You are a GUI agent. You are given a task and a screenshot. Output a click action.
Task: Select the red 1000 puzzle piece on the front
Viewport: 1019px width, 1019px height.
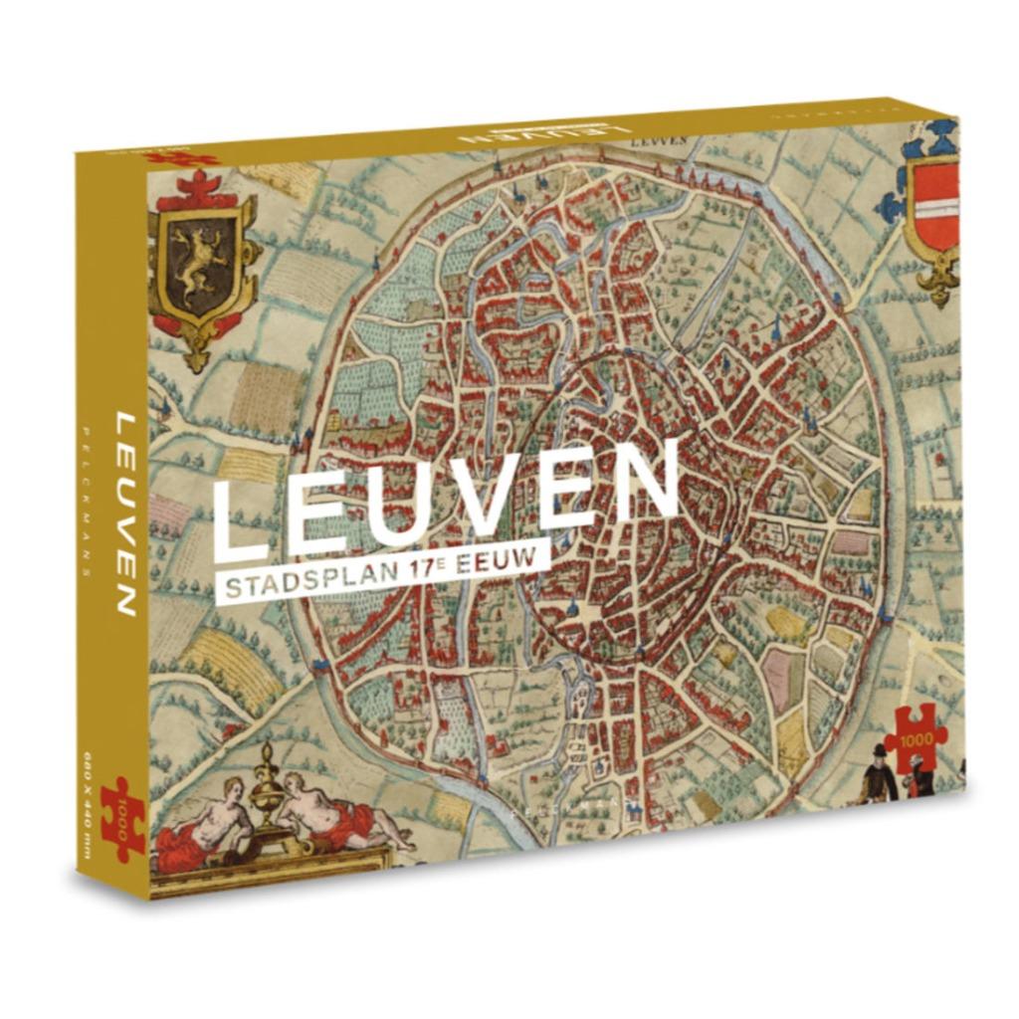(x=915, y=736)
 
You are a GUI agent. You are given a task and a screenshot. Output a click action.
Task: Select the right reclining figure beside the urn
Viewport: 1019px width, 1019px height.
(x=333, y=815)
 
